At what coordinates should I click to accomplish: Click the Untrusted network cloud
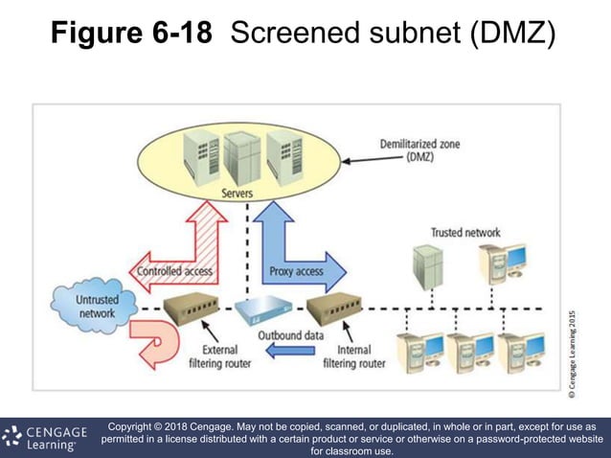[x=84, y=305]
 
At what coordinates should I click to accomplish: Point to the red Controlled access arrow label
[x=175, y=271]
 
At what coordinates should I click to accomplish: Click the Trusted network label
[x=464, y=232]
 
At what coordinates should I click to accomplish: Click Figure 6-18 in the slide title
[x=131, y=35]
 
